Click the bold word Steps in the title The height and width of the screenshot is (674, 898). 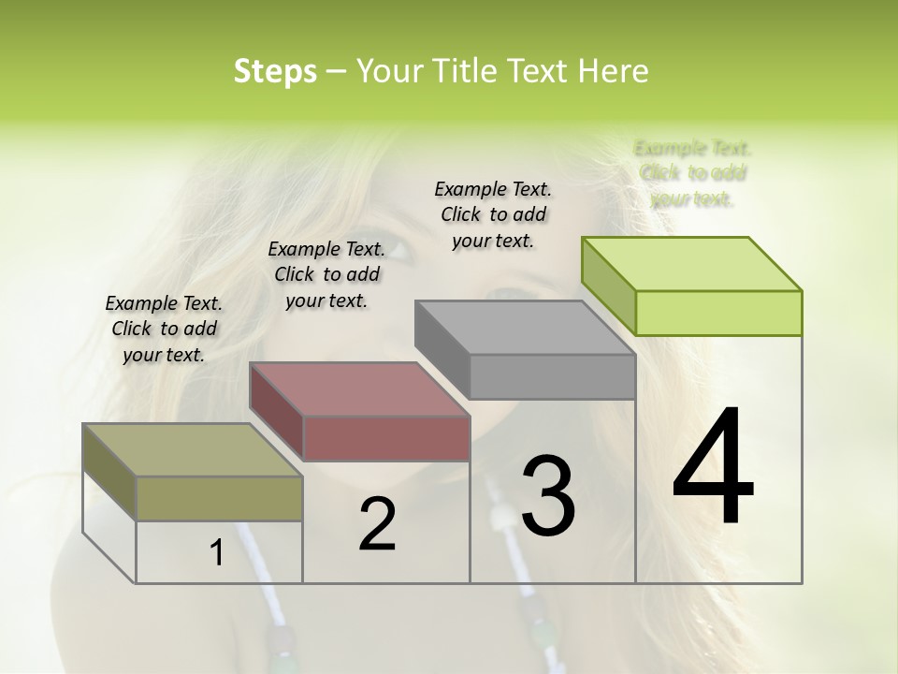point(275,71)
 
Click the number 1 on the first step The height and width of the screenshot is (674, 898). point(217,553)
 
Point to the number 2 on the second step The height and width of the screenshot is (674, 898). point(377,524)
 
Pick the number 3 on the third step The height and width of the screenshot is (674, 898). point(548,496)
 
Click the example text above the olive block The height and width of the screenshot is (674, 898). point(164,329)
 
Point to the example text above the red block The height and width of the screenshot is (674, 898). point(326,274)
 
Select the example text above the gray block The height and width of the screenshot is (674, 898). point(493,214)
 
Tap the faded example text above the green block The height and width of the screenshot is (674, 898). point(693,173)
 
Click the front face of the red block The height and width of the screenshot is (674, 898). point(386,438)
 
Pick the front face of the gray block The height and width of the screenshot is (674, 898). point(552,376)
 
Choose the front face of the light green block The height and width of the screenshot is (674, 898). point(718,313)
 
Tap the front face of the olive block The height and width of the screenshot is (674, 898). point(219,498)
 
